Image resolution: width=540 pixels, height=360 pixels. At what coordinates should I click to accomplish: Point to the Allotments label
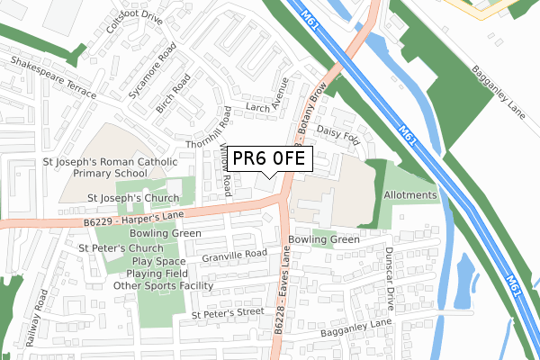pyautogui.click(x=410, y=195)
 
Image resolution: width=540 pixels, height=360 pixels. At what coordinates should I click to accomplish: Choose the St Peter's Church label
pyautogui.click(x=121, y=247)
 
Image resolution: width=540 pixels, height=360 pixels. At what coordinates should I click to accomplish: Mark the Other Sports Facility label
pyautogui.click(x=163, y=285)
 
